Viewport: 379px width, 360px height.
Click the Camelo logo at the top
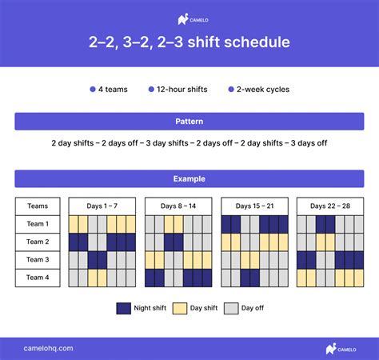pyautogui.click(x=189, y=19)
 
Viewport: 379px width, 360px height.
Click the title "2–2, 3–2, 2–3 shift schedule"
pyautogui.click(x=189, y=42)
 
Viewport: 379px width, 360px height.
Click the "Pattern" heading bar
pyautogui.click(x=189, y=121)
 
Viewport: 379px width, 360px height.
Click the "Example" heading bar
pyautogui.click(x=189, y=178)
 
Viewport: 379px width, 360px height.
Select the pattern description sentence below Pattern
pyautogui.click(x=189, y=143)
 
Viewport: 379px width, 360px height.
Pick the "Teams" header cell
pyautogui.click(x=38, y=206)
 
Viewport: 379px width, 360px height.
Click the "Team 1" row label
pyautogui.click(x=38, y=224)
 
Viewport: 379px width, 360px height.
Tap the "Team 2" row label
pyautogui.click(x=38, y=242)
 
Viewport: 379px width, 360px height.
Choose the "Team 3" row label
pyautogui.click(x=38, y=260)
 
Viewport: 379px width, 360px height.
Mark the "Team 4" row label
pyautogui.click(x=38, y=278)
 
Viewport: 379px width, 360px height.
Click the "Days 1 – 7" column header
pyautogui.click(x=102, y=206)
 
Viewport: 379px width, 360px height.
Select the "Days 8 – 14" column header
pyautogui.click(x=178, y=206)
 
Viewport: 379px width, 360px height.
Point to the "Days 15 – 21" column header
pyautogui.click(x=254, y=206)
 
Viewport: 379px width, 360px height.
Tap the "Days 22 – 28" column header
pyautogui.click(x=330, y=206)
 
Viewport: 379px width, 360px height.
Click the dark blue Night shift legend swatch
pyautogui.click(x=124, y=308)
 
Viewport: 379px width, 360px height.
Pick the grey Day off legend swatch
pyautogui.click(x=231, y=308)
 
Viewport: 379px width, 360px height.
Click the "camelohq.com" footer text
pyautogui.click(x=49, y=348)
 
